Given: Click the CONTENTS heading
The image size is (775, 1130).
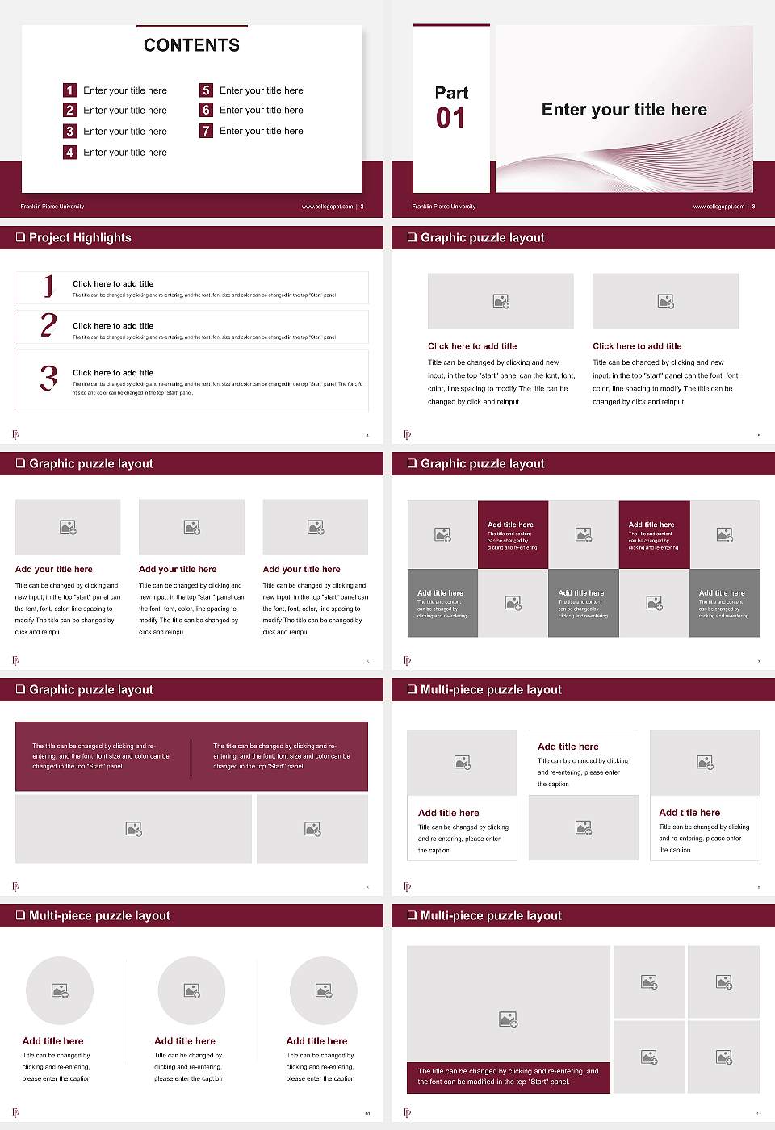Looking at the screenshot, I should coord(191,45).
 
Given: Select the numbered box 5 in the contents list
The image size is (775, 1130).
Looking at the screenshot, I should coord(206,90).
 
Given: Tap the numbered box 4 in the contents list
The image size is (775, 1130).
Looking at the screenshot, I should coord(69,152).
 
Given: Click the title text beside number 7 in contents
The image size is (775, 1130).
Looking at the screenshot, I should coord(261,131).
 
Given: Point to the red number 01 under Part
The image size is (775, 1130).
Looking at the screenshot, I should coord(450,119).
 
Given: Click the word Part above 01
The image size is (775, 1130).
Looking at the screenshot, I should coord(451,93).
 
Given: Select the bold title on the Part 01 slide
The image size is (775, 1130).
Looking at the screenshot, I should coord(624,110).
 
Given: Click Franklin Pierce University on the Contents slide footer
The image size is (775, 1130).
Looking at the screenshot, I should coord(52,207).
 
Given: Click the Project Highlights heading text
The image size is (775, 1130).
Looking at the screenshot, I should coord(80,238).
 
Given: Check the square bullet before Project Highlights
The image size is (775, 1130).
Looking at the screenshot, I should coord(20,238).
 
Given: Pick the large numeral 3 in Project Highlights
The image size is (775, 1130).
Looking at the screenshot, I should coord(48,378).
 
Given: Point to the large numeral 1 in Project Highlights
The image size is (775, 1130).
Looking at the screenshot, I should coord(48,287).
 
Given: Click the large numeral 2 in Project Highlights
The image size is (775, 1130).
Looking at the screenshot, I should coord(48,325).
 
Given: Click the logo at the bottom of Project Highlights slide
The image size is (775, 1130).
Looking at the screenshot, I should coord(16,435).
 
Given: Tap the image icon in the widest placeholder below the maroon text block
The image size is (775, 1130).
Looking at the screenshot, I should coord(134,829).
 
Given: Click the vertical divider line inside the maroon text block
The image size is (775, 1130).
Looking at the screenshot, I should coord(191,757).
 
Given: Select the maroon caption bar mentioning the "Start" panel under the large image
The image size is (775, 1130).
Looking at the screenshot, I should coord(509,1077).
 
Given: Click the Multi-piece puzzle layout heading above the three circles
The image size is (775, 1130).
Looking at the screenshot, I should coord(99,916).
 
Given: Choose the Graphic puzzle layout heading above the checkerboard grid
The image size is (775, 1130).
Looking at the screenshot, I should coord(482,464).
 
